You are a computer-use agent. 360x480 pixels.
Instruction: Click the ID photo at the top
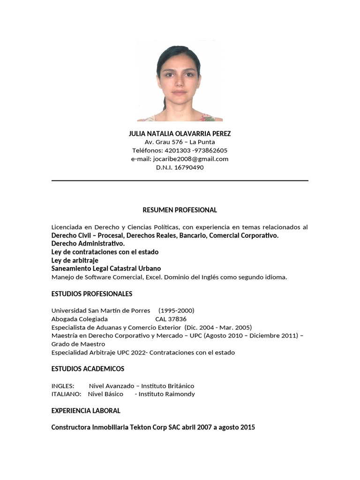tap(180, 81)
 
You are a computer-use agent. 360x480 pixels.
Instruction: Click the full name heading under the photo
tap(180, 134)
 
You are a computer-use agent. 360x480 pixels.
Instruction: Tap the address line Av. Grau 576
tap(180, 142)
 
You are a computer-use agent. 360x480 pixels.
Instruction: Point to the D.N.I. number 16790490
tap(189, 167)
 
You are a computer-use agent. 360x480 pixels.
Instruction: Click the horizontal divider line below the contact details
tap(180, 180)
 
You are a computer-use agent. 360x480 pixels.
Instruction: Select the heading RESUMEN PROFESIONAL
tap(180, 210)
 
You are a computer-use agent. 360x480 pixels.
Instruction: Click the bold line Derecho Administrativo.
tap(88, 244)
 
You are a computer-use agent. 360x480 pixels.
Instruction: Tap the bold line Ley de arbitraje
tap(75, 260)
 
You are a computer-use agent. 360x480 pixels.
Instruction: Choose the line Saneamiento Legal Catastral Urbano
tap(106, 269)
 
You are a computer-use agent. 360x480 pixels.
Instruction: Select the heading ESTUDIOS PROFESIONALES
tap(91, 294)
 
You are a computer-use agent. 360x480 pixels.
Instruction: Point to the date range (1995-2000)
tap(176, 310)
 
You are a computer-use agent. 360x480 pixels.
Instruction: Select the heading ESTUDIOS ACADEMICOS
tap(88, 369)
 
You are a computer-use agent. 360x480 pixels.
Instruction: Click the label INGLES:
tap(62, 386)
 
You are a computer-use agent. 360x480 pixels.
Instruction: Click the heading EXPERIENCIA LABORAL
tap(86, 411)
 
